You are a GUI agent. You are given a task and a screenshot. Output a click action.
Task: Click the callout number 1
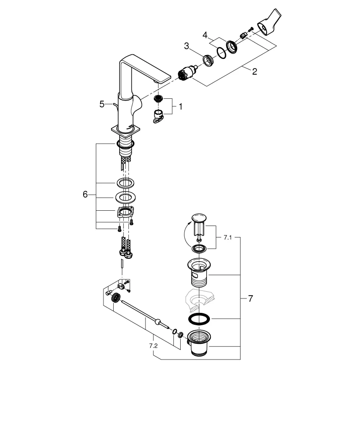[x=180, y=107]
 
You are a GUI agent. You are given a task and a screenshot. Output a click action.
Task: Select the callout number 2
[x=254, y=72]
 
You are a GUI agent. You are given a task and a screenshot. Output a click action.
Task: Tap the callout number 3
[x=186, y=46]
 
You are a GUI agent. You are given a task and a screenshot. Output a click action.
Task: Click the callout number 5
[x=102, y=104]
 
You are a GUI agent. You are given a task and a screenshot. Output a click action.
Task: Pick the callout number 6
[x=85, y=194]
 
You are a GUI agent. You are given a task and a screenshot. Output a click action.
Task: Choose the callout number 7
[x=250, y=299]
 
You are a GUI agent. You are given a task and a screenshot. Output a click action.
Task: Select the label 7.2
[x=153, y=346]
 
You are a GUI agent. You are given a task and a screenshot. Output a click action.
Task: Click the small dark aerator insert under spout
[x=159, y=99]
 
